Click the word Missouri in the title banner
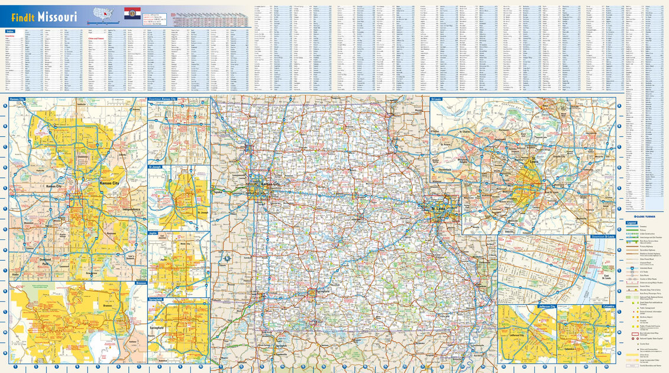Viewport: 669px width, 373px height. pos(57,17)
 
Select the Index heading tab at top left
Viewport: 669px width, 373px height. pos(9,31)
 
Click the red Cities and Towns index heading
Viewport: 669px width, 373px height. pos(96,38)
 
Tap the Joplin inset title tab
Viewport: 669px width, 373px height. pos(153,234)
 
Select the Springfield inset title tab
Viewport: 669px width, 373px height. pos(157,300)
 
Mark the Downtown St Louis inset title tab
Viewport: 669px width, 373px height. pos(603,236)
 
